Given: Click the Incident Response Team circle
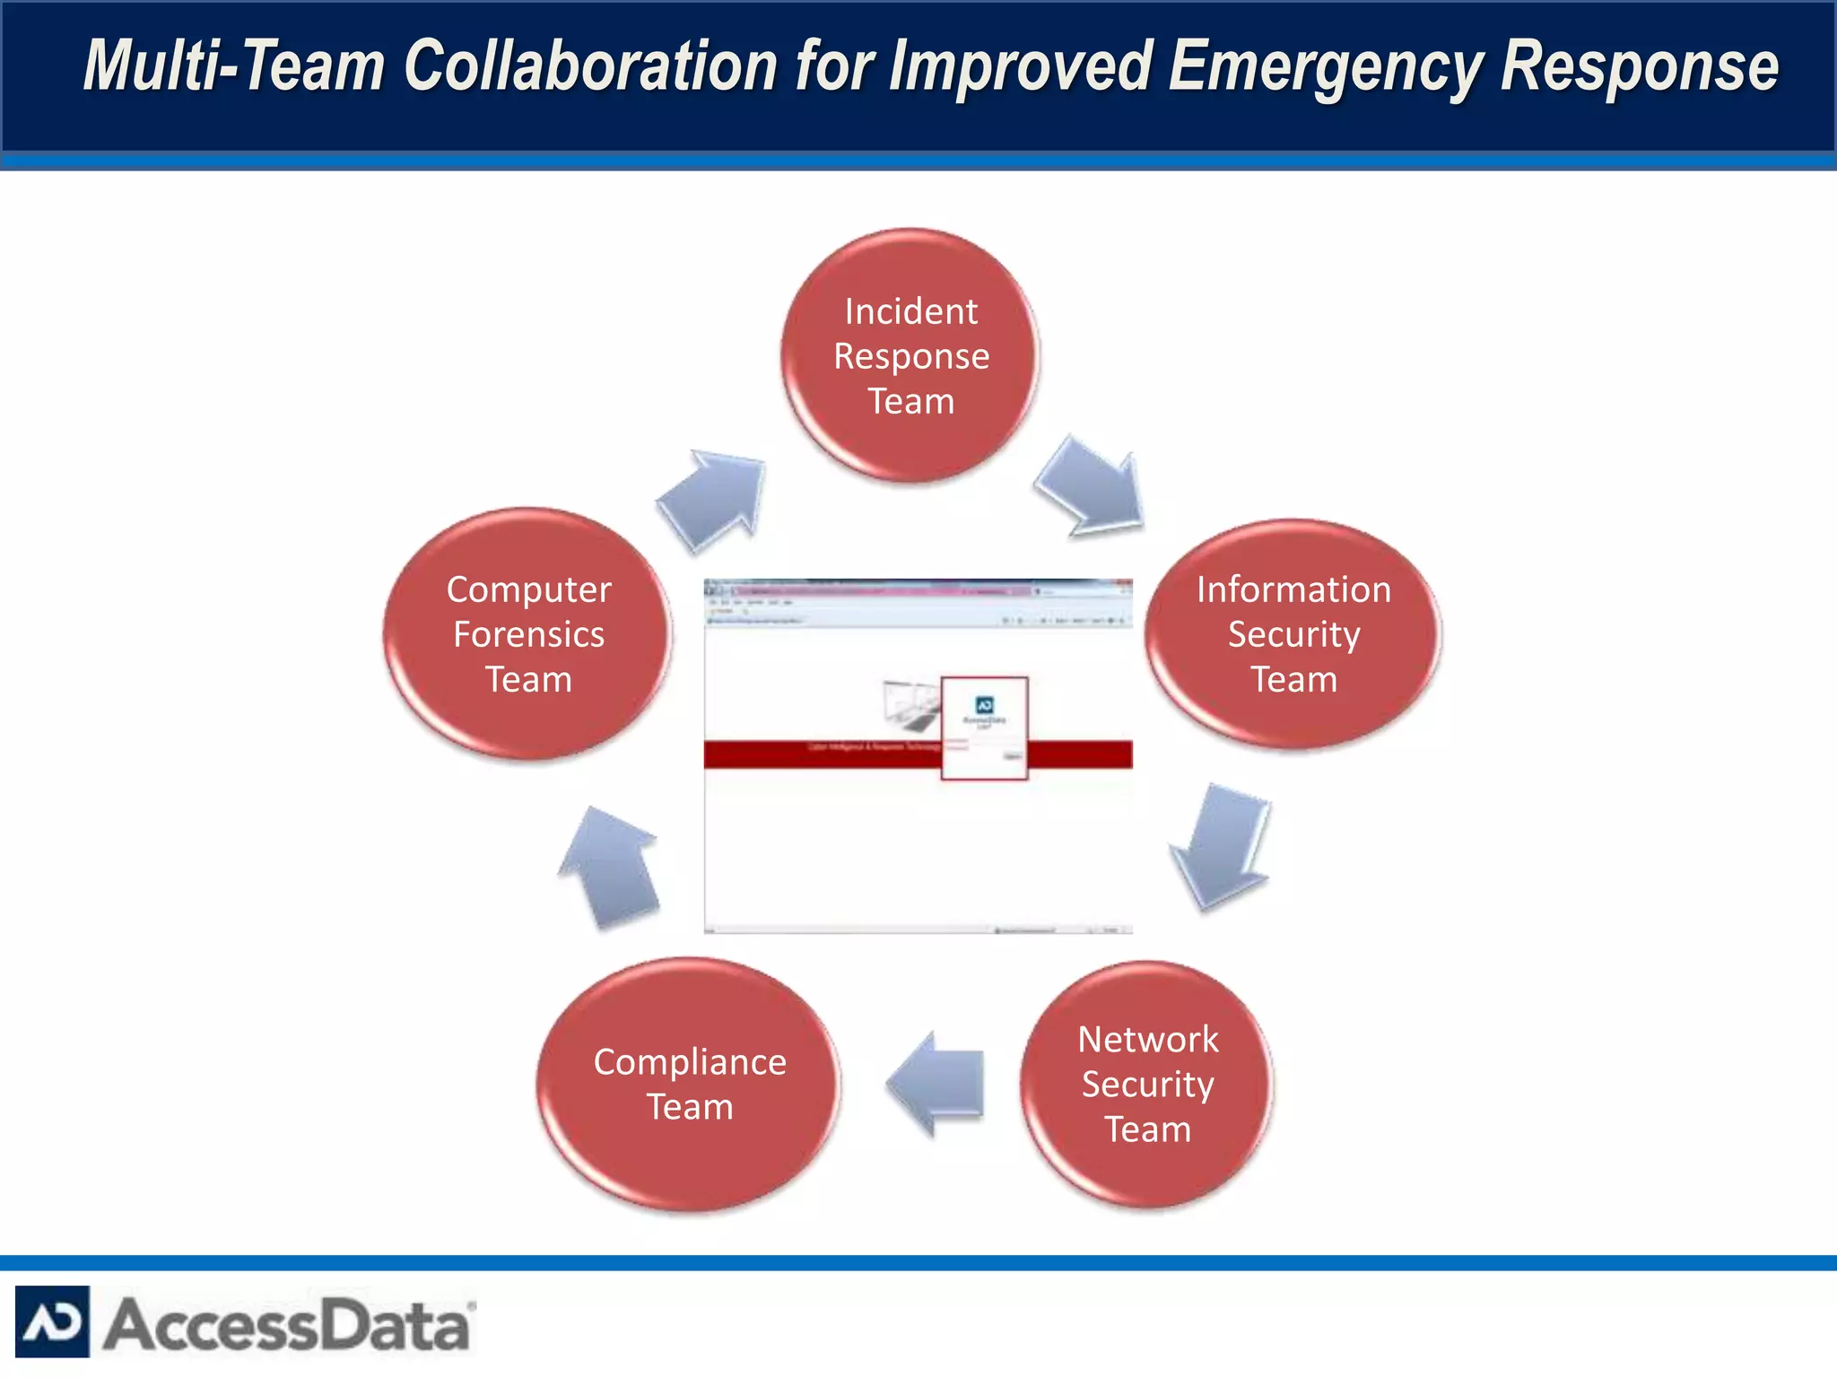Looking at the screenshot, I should pyautogui.click(x=910, y=356).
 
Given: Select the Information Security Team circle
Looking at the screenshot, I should pyautogui.click(x=1293, y=634).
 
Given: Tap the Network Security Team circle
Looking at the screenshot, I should pyautogui.click(x=1147, y=1085).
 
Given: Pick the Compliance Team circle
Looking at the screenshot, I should pyautogui.click(x=689, y=1085).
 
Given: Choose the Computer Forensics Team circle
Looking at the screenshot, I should pyautogui.click(x=528, y=634).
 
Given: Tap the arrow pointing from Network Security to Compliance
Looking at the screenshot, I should pyautogui.click(x=937, y=1083).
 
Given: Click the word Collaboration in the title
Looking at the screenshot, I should pyautogui.click(x=591, y=66).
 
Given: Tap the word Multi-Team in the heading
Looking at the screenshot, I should pyautogui.click(x=234, y=66).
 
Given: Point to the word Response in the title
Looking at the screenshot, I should pyautogui.click(x=1640, y=66).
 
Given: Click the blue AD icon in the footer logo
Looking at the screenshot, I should pyautogui.click(x=52, y=1321).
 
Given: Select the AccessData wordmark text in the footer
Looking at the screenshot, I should pyautogui.click(x=287, y=1325).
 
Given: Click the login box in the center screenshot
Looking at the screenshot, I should pyautogui.click(x=984, y=728).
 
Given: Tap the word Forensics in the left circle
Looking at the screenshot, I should pyautogui.click(x=528, y=634).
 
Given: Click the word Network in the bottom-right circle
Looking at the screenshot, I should pyautogui.click(x=1147, y=1039).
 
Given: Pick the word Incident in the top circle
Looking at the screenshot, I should pyautogui.click(x=910, y=311).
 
